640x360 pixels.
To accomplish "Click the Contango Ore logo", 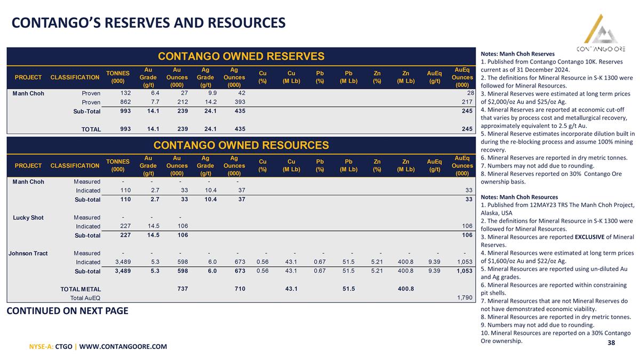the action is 601,33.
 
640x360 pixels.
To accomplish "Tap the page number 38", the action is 611,342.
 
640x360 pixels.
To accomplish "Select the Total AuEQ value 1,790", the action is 465,298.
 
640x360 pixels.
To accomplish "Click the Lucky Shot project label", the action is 28,218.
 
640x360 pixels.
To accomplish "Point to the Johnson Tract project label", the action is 28,253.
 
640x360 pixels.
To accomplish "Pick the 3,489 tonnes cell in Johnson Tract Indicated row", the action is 123,262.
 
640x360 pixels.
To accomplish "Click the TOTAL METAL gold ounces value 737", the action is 182,289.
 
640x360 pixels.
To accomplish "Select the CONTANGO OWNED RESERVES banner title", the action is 241,57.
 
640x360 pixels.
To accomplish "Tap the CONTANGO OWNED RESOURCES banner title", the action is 241,145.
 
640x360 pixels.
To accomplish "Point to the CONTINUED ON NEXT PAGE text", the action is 67,311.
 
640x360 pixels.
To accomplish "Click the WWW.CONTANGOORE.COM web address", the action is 123,347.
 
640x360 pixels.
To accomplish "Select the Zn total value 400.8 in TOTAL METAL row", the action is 406,289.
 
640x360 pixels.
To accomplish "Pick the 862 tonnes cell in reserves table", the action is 125,102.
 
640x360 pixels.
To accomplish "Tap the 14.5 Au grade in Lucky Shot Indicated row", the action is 154,226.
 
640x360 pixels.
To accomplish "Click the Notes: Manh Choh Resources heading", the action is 519,197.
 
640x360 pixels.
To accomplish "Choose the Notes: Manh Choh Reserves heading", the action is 517,54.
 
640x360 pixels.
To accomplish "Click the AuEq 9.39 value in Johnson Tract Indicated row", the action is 434,262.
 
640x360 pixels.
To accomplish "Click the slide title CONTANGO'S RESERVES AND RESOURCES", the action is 149,23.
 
